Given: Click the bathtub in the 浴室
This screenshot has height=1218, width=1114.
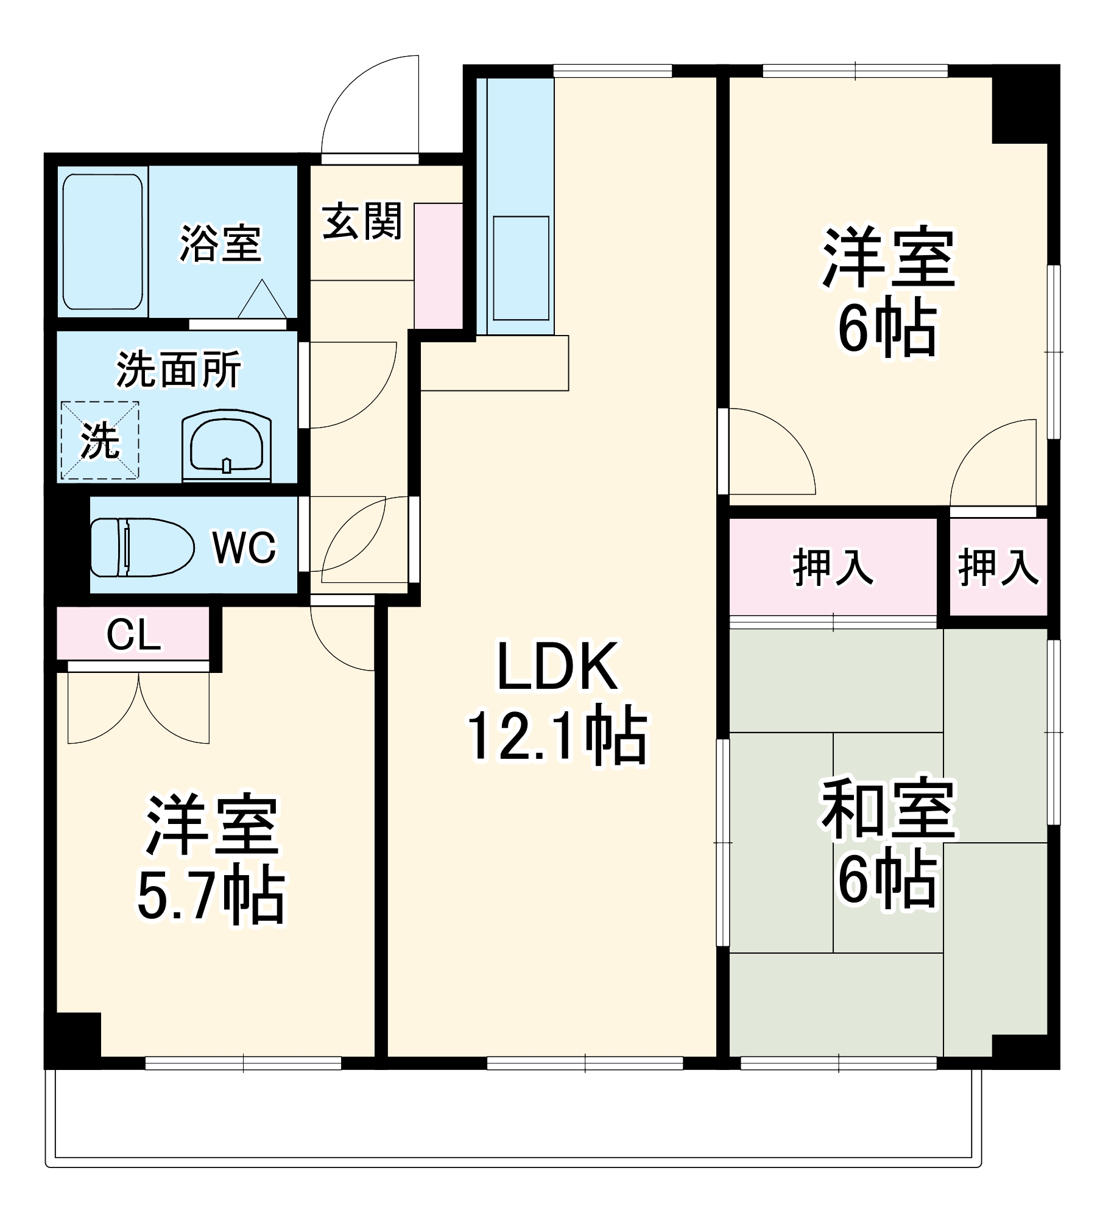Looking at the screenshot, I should point(103,242).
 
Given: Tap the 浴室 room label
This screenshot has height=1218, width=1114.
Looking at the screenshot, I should point(220,244).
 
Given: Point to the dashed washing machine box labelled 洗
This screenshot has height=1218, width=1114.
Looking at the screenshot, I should point(100,440).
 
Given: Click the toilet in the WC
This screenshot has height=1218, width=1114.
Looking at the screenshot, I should point(141,547).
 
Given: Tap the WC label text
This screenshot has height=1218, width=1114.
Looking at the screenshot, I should point(244,547).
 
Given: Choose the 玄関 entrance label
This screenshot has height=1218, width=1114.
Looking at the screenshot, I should point(362,221).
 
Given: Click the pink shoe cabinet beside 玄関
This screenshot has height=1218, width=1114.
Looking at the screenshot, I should point(438,266).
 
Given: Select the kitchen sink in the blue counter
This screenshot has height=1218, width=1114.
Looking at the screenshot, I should point(521,268).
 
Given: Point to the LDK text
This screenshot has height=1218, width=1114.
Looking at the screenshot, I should point(557,667).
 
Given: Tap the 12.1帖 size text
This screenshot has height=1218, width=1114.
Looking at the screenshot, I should point(557,736).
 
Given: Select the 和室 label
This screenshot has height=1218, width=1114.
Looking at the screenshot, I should point(888,809).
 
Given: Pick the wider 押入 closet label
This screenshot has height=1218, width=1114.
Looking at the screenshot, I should point(833,568).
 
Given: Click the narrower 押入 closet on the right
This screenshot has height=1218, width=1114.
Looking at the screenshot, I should point(998,568).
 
